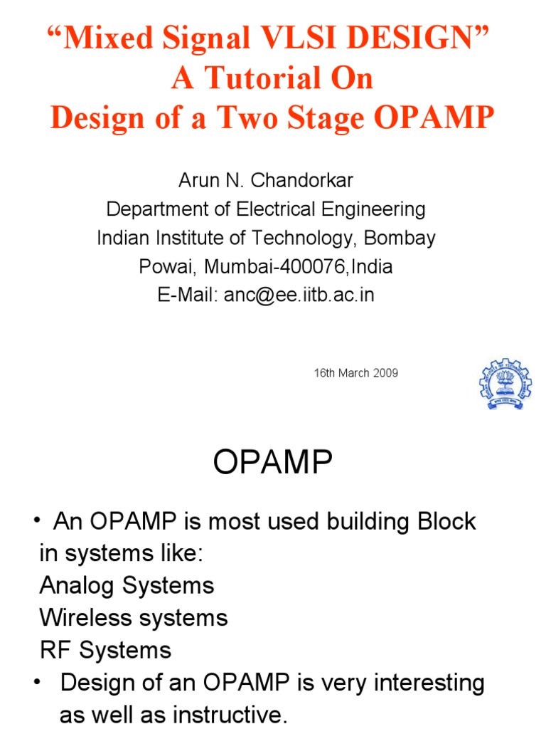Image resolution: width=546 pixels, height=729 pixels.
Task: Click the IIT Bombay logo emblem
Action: (x=505, y=382)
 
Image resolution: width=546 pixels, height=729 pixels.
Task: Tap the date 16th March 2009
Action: (x=356, y=373)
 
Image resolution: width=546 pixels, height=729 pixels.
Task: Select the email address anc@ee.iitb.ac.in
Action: (x=299, y=295)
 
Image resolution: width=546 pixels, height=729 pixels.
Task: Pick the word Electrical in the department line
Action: (x=270, y=209)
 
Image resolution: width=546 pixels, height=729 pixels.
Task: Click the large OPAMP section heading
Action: (x=273, y=465)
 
